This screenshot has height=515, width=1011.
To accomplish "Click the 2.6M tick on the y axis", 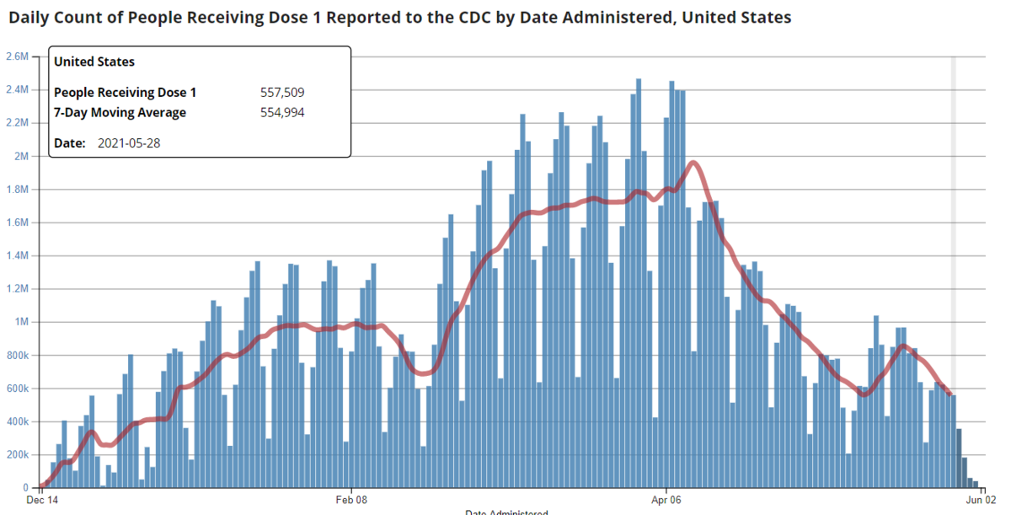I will coord(17,56).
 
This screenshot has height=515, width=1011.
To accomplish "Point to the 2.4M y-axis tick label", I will coord(17,90).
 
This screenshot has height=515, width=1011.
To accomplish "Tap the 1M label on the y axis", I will coord(22,323).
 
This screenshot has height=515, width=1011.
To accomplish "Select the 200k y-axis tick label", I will coord(17,455).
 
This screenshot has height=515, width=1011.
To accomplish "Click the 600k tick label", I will coord(17,389).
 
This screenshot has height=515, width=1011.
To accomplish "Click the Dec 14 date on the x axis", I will coord(42,500).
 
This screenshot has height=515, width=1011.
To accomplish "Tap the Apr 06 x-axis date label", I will coord(666,500).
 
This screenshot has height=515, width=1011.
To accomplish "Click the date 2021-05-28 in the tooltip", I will coord(129,143).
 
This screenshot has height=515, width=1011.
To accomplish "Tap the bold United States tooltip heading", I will coord(94,62).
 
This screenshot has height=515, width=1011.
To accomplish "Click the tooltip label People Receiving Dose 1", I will coord(125,93).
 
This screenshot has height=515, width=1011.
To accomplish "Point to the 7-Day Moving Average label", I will coord(120,113).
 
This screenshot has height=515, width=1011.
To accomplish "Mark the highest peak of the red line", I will coord(693,163).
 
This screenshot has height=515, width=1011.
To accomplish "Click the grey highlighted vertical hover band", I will coord(954,253).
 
